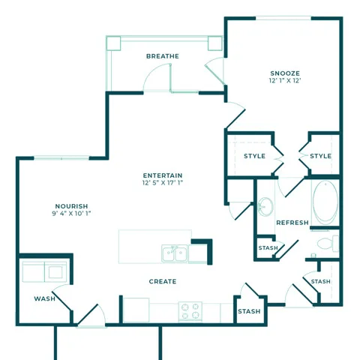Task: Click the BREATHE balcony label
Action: pos(163,56)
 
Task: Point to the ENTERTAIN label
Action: pos(163,175)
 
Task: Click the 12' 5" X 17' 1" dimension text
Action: pos(163,183)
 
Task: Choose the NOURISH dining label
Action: pos(71,206)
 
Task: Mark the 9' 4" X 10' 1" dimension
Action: pos(71,214)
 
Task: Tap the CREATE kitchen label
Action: pos(163,282)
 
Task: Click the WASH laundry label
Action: pos(44,298)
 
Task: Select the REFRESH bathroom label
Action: pos(292,223)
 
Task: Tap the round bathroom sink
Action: pos(265,205)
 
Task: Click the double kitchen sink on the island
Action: pos(175,253)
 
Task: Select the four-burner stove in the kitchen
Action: pos(190,310)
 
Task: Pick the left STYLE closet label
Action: pos(255,156)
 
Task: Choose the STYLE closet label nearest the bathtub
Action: pos(320,156)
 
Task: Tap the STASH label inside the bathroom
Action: pos(268,248)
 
